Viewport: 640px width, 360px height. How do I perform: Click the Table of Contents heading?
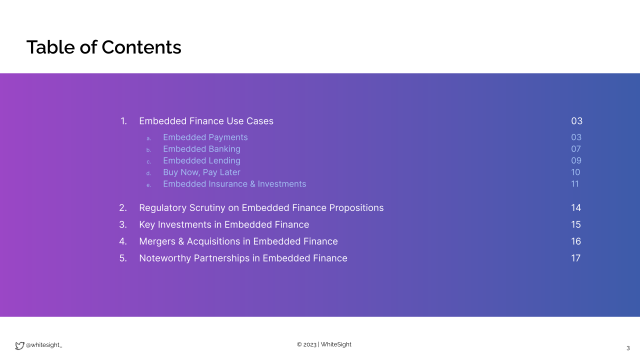tap(103, 47)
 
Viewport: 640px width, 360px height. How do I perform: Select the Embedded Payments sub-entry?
tap(205, 137)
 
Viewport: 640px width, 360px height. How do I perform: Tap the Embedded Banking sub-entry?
tap(201, 149)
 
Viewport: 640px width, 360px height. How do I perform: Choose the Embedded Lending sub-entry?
tap(201, 161)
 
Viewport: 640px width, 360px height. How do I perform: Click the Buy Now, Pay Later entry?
tap(201, 172)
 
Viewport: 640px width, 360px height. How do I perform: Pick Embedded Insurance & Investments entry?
tap(234, 184)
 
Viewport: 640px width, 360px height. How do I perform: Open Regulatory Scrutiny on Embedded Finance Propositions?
tap(261, 207)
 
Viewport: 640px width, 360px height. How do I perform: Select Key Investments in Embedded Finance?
tap(224, 224)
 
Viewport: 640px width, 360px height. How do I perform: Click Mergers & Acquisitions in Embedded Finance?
tap(238, 241)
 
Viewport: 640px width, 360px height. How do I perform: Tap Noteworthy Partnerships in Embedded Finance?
tap(243, 258)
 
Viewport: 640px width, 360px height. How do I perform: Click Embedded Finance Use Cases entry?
tap(206, 121)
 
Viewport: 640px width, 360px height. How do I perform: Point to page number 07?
tap(576, 149)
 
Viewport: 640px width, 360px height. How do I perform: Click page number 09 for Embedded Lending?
tap(576, 160)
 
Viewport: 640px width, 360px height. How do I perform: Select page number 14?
tap(576, 207)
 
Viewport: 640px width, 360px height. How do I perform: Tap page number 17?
tap(575, 258)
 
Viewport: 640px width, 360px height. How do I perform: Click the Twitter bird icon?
tap(19, 345)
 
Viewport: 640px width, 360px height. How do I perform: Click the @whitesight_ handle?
tap(43, 345)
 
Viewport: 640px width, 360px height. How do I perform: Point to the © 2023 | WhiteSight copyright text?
tap(324, 344)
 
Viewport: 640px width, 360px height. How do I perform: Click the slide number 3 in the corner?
tap(628, 348)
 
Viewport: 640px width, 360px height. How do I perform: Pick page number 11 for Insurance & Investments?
tap(575, 184)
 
